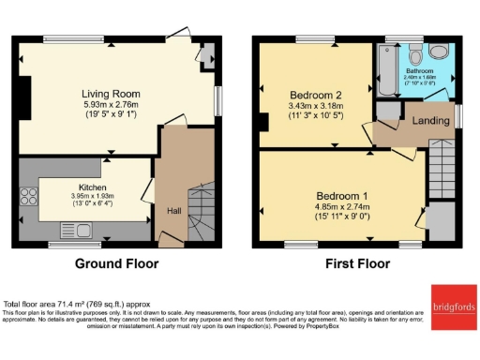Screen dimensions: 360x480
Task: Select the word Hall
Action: point(174,211)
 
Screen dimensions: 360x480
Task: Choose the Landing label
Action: point(426,119)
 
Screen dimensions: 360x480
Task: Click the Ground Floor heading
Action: point(116,263)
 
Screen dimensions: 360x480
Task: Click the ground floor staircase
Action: point(201,211)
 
